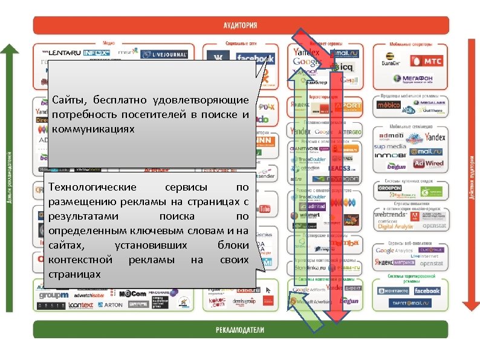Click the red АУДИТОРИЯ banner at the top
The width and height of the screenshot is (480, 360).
[x=240, y=25]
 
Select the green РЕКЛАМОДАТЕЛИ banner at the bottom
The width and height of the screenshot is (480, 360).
[x=240, y=330]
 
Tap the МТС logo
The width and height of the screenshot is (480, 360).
[x=426, y=61]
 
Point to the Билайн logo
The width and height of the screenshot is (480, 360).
[x=391, y=61]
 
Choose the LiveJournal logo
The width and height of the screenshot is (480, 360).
[x=164, y=54]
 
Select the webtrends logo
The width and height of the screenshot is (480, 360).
[x=390, y=214]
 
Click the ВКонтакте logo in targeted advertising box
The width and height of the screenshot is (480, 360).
[x=393, y=291]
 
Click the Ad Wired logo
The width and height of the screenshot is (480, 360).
[x=428, y=164]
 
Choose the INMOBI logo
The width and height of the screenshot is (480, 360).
[x=389, y=155]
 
